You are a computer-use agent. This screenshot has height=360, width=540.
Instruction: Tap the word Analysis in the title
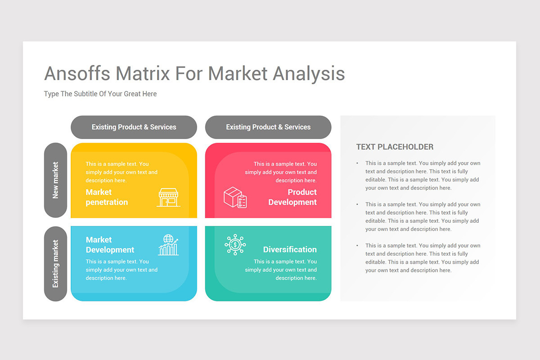click(x=309, y=73)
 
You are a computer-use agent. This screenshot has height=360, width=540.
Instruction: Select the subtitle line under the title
click(x=100, y=94)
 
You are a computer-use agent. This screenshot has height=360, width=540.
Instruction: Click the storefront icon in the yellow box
click(x=168, y=198)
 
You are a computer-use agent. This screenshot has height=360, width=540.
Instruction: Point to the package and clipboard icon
click(x=235, y=198)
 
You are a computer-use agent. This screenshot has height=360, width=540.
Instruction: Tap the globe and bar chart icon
click(x=168, y=245)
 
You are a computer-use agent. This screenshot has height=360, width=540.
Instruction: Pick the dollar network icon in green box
click(x=235, y=245)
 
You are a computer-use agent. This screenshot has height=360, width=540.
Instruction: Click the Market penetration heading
click(x=107, y=197)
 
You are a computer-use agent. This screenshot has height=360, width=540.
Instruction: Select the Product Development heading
click(x=292, y=197)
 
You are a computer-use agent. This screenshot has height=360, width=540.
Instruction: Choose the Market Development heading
click(x=110, y=245)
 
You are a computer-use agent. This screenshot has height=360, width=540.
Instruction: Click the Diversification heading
click(x=290, y=249)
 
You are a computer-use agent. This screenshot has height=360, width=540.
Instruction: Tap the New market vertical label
click(x=55, y=180)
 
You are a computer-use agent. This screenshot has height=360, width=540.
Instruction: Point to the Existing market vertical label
click(x=55, y=264)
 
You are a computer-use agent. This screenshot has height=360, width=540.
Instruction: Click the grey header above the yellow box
click(x=134, y=127)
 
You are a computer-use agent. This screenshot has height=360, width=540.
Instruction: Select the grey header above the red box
click(x=268, y=127)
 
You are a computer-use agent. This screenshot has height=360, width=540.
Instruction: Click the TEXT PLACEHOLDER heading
click(x=395, y=147)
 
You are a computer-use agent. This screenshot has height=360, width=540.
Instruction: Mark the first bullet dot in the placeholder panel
click(x=357, y=163)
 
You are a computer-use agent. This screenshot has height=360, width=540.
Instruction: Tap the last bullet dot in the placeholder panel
click(x=357, y=246)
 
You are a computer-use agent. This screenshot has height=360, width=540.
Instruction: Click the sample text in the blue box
click(x=121, y=270)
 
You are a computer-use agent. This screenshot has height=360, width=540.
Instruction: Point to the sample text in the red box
click(x=281, y=172)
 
